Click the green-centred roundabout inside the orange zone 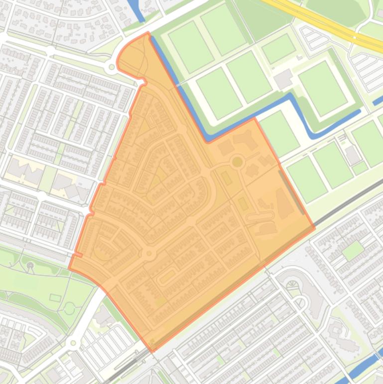[x=238, y=162]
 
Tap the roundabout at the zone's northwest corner [x=112, y=67]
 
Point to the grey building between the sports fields [x=283, y=78]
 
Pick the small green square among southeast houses [x=353, y=250]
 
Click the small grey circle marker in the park [x=31, y=265]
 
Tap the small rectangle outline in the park [x=55, y=298]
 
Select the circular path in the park [x=69, y=309]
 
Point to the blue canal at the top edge [x=135, y=10]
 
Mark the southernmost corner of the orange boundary [x=152, y=351]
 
